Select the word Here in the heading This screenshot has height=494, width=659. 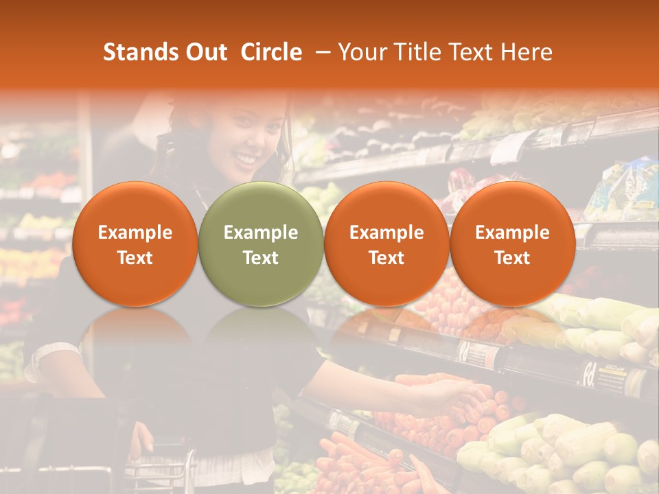(x=527, y=52)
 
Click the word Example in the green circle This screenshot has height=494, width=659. (x=261, y=233)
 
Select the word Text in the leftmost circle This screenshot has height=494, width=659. (x=135, y=258)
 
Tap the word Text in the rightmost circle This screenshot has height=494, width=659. (x=512, y=258)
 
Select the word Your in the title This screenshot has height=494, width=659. (x=362, y=52)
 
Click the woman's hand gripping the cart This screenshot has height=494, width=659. (x=142, y=439)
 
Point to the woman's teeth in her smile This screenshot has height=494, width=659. (x=244, y=159)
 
